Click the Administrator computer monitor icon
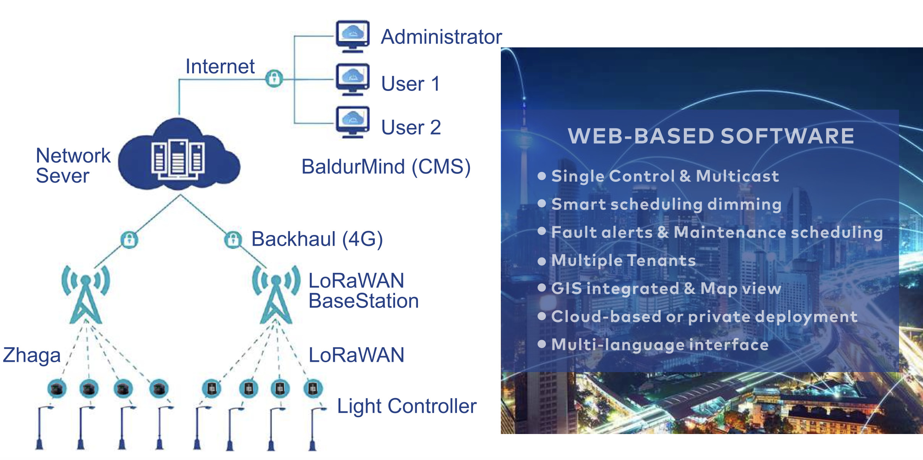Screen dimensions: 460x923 click(353, 36)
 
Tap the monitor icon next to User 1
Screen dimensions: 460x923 click(353, 79)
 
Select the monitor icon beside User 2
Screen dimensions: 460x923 click(353, 122)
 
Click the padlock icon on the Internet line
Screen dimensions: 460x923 click(274, 79)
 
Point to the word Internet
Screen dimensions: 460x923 click(220, 66)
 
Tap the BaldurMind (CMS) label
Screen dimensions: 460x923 click(385, 167)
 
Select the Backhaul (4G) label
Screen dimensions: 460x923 click(317, 239)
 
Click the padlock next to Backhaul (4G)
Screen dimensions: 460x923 click(233, 240)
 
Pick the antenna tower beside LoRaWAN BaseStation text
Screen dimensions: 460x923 click(276, 294)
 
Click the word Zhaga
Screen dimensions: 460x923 click(32, 355)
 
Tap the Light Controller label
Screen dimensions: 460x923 click(406, 406)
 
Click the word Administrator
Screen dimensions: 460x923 click(441, 37)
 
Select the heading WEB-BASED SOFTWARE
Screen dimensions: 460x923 click(711, 136)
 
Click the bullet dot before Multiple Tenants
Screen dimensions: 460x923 click(541, 261)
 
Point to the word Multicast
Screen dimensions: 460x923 click(737, 176)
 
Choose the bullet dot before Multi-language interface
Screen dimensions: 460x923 click(541, 344)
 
